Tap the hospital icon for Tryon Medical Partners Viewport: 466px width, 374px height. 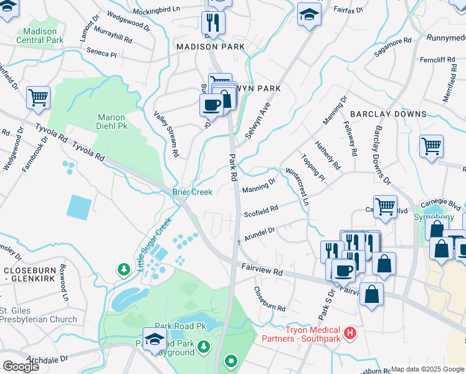pyautogui.click(x=350, y=333)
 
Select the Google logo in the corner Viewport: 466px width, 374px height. pyautogui.click(x=21, y=366)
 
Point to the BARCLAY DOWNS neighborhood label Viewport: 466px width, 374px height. pyautogui.click(x=388, y=114)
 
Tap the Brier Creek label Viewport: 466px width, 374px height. pyautogui.click(x=193, y=192)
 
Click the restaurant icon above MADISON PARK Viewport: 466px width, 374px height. pyautogui.click(x=213, y=22)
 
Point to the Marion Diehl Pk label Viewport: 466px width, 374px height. pyautogui.click(x=112, y=122)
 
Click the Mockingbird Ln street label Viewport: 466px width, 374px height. pyautogui.click(x=158, y=10)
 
